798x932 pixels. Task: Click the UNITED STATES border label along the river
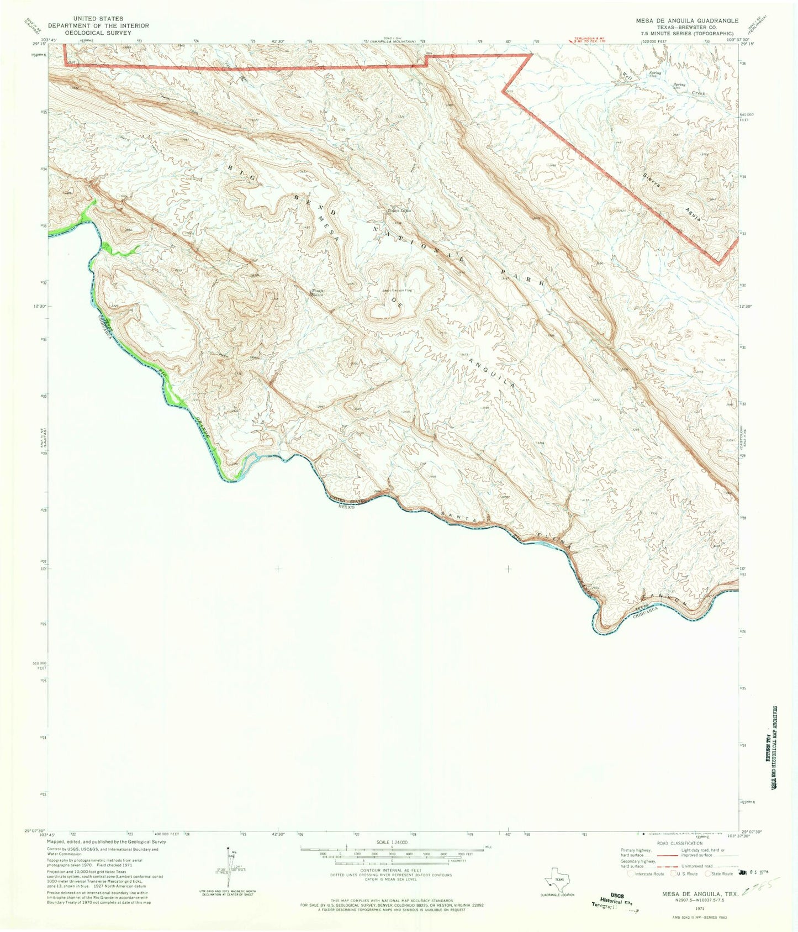(347, 501)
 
